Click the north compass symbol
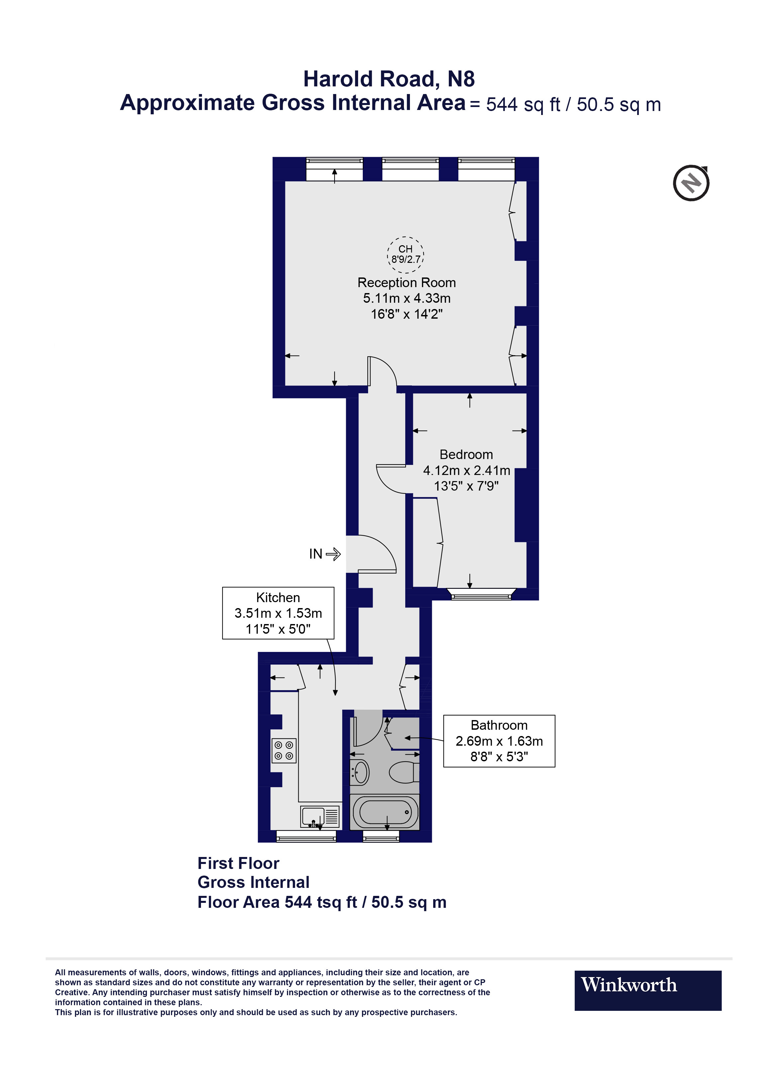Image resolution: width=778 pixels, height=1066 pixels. coord(691,183)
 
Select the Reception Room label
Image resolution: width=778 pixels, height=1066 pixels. coord(406,283)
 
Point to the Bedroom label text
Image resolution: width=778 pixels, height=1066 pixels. coord(466,455)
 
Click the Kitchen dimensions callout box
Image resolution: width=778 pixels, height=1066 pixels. coord(278,613)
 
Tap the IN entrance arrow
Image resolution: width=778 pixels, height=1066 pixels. coord(333,554)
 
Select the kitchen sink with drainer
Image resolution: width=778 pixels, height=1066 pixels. coord(320,817)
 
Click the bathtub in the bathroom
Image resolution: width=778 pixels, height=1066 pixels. coord(385,812)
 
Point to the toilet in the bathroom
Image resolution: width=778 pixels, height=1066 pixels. coord(403,772)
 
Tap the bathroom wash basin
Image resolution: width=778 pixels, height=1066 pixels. coord(360,773)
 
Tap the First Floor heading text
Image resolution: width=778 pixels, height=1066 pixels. coord(238,863)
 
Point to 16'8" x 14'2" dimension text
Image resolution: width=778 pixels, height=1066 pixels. coord(406,314)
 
